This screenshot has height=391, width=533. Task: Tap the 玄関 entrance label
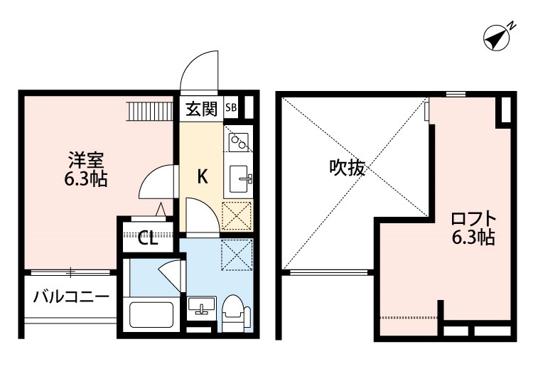click(202, 109)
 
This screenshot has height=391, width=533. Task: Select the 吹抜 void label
click(347, 168)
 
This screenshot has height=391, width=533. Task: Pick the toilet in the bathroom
click(233, 311)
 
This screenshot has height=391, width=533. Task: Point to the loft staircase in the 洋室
click(151, 111)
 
